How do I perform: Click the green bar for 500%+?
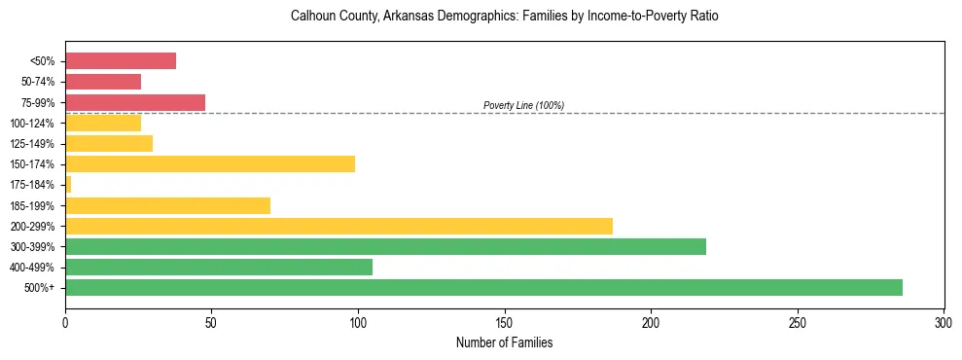[483, 287]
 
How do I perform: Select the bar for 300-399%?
[385, 246]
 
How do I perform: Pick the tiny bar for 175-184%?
[68, 184]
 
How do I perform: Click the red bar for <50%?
[121, 61]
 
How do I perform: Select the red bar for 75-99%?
[135, 102]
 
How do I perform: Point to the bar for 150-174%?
[210, 163]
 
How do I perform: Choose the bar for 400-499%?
[219, 267]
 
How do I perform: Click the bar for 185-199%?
[167, 205]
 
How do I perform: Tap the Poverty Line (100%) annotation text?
[523, 105]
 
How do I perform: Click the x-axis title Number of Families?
[504, 342]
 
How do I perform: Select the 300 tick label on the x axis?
[944, 322]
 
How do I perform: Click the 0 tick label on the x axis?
[65, 322]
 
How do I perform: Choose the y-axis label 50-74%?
[38, 82]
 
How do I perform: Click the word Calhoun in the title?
[312, 17]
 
